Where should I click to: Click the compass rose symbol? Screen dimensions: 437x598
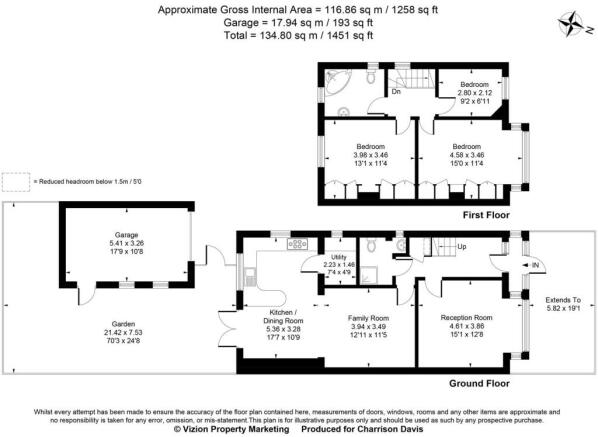coord(572,21)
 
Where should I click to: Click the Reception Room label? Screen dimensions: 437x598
coord(468,317)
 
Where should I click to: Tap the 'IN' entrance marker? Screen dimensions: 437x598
coord(536,265)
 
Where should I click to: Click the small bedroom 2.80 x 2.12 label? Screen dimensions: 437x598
coord(474,90)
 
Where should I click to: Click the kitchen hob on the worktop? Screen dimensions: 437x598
coord(298,243)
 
